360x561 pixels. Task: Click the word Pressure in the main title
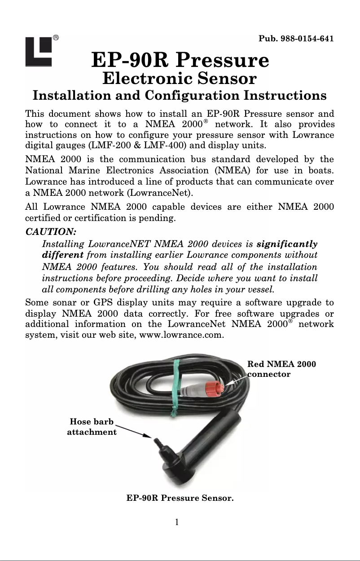pos(224,60)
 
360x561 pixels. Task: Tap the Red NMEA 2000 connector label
pos(281,369)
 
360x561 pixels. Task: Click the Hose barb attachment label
pos(92,427)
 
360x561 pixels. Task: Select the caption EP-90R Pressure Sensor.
pos(180,498)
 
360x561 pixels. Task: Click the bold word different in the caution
pos(62,255)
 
